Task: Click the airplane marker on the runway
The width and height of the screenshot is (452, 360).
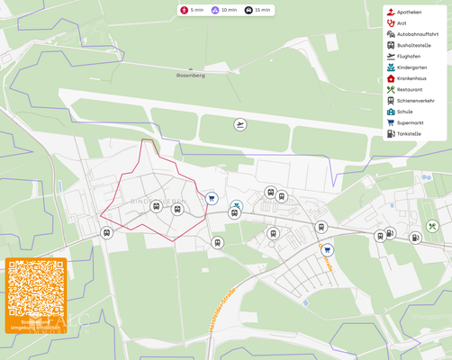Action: (240, 124)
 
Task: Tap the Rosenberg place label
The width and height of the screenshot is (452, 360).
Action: (190, 76)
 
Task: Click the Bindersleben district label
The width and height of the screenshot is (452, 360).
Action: (158, 201)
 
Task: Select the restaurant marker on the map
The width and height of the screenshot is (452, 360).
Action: (432, 227)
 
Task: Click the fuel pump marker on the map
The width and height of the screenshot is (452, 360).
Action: (415, 238)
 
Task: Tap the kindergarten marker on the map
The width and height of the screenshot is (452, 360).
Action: (236, 205)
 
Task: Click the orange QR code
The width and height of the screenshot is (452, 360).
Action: (36, 289)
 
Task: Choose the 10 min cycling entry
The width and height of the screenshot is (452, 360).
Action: (223, 10)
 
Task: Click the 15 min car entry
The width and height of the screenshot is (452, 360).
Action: (258, 10)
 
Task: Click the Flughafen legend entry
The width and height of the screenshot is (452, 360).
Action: (408, 56)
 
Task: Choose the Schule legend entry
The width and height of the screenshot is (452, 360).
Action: (404, 112)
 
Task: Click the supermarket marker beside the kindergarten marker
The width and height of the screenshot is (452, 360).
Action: (212, 198)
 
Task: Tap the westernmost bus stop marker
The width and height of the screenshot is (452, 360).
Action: (107, 233)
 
